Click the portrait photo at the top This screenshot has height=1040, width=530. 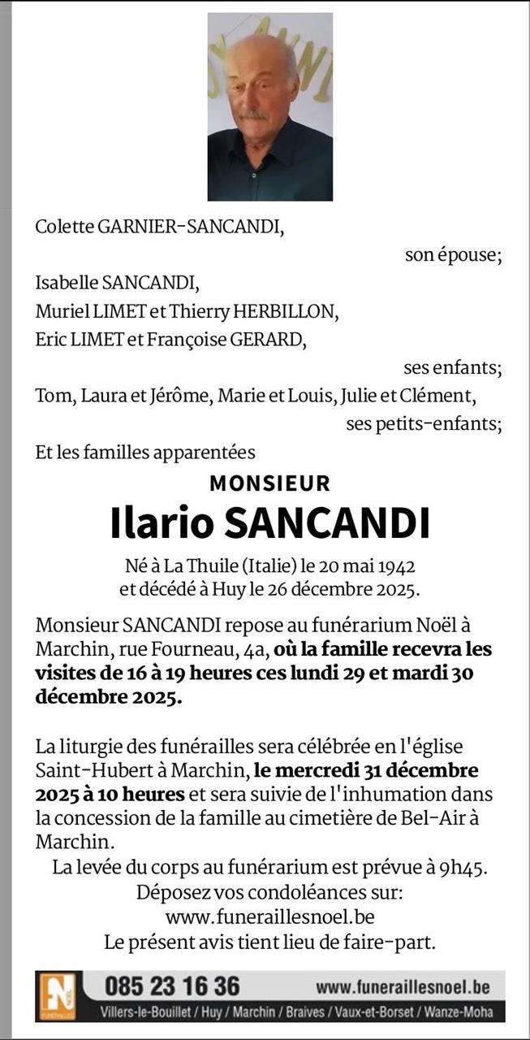[269, 106]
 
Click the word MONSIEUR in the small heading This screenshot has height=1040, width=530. [269, 483]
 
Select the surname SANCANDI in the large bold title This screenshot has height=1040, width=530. [326, 524]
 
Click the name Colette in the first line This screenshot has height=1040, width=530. [64, 227]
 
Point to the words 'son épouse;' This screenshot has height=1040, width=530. [453, 255]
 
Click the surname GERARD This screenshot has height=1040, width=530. [265, 340]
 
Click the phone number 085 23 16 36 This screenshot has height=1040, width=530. [172, 986]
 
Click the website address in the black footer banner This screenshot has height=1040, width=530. [403, 987]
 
